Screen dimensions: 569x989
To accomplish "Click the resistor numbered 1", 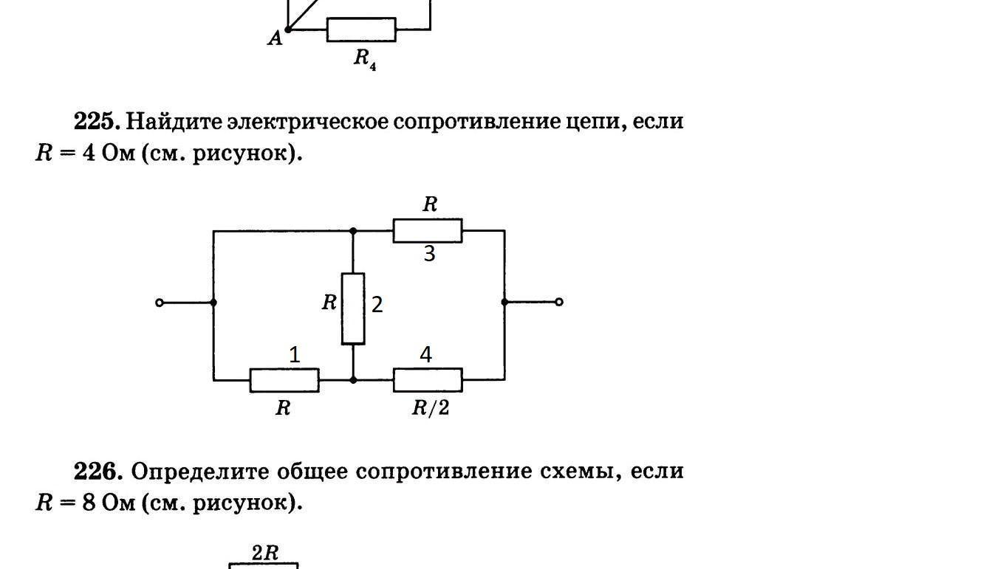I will (284, 380).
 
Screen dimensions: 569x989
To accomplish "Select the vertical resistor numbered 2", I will (353, 308).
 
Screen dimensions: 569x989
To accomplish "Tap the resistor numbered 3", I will (427, 230).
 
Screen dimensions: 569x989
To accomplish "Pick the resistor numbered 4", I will (428, 380).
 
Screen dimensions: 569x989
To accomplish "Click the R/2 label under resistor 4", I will (431, 407).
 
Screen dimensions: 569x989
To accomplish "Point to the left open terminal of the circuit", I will (160, 302).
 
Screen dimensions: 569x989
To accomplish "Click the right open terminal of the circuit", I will (558, 302).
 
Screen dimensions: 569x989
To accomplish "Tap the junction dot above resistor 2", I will (353, 231).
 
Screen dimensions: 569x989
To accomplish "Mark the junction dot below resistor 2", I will (353, 380).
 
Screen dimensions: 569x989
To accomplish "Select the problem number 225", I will (97, 120).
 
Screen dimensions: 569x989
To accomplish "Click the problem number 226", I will (97, 470).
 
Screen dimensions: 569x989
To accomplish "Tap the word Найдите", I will (174, 121).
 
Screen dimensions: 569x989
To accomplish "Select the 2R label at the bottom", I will (264, 553).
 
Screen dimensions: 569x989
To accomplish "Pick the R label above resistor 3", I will (430, 204).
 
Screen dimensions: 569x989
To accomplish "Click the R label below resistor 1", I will (283, 407).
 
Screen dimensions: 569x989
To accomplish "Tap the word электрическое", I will (308, 121).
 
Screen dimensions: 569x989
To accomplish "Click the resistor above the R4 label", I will (361, 30).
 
